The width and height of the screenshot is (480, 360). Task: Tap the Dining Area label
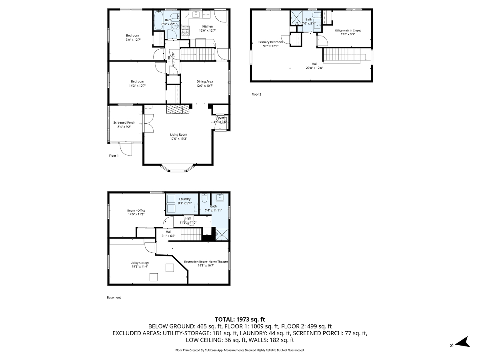click(204, 82)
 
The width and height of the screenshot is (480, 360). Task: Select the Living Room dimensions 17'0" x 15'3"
click(178, 139)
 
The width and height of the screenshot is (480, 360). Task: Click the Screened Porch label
click(124, 122)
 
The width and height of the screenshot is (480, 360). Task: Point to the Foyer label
click(220, 118)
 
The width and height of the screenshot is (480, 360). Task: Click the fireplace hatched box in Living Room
click(176, 110)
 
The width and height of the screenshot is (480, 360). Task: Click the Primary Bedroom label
click(270, 42)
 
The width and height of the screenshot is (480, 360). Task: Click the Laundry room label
click(185, 199)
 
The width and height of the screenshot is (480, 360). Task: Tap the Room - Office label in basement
click(136, 210)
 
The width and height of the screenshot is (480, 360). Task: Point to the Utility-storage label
click(140, 263)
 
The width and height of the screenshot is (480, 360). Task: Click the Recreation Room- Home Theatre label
click(206, 262)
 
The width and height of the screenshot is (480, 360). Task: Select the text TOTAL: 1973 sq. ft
click(240, 319)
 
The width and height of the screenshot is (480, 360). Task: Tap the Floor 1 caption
click(114, 156)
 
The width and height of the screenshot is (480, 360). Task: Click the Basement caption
click(114, 297)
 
